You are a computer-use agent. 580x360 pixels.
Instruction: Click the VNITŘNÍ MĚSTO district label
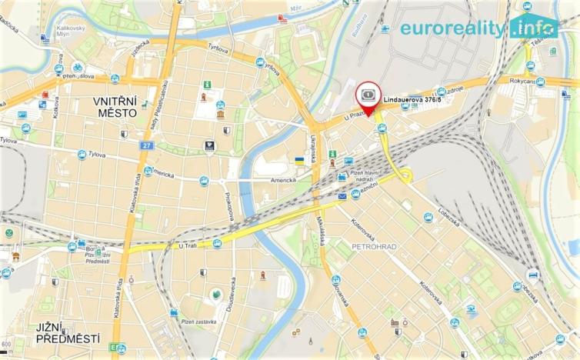click(115, 107)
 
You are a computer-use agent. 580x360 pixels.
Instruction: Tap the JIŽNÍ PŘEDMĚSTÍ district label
click(68, 333)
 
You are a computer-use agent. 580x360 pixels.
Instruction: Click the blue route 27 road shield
click(148, 145)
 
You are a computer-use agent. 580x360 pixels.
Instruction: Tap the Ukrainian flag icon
click(299, 161)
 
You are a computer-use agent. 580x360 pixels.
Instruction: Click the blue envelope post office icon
click(342, 196)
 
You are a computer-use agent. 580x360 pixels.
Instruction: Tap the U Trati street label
click(188, 246)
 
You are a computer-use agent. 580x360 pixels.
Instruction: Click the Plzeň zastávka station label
click(198, 322)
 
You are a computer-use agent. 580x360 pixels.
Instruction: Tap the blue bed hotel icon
click(533, 275)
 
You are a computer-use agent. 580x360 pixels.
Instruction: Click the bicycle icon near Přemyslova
click(77, 67)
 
